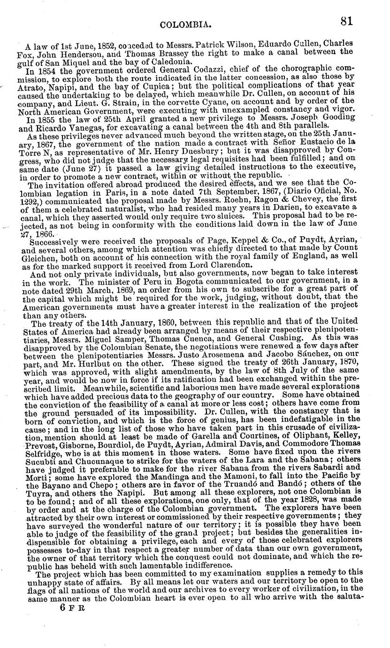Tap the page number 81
[348, 21]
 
